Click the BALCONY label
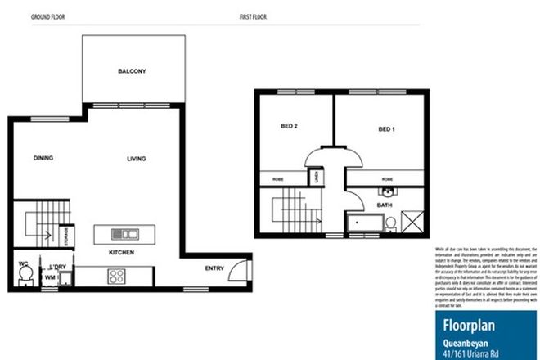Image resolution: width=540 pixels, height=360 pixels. click(x=131, y=72)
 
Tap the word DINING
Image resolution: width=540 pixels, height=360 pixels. click(x=44, y=158)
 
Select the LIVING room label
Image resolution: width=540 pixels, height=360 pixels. click(x=136, y=158)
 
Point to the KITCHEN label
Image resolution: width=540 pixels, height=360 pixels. click(x=121, y=253)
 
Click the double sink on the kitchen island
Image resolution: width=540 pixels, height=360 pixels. click(x=126, y=232)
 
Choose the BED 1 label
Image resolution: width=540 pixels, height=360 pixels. click(x=387, y=129)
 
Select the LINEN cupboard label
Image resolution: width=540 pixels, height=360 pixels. click(x=317, y=177)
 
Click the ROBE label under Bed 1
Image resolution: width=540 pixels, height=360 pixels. click(x=387, y=178)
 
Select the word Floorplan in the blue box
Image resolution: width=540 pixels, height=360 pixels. click(x=467, y=322)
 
